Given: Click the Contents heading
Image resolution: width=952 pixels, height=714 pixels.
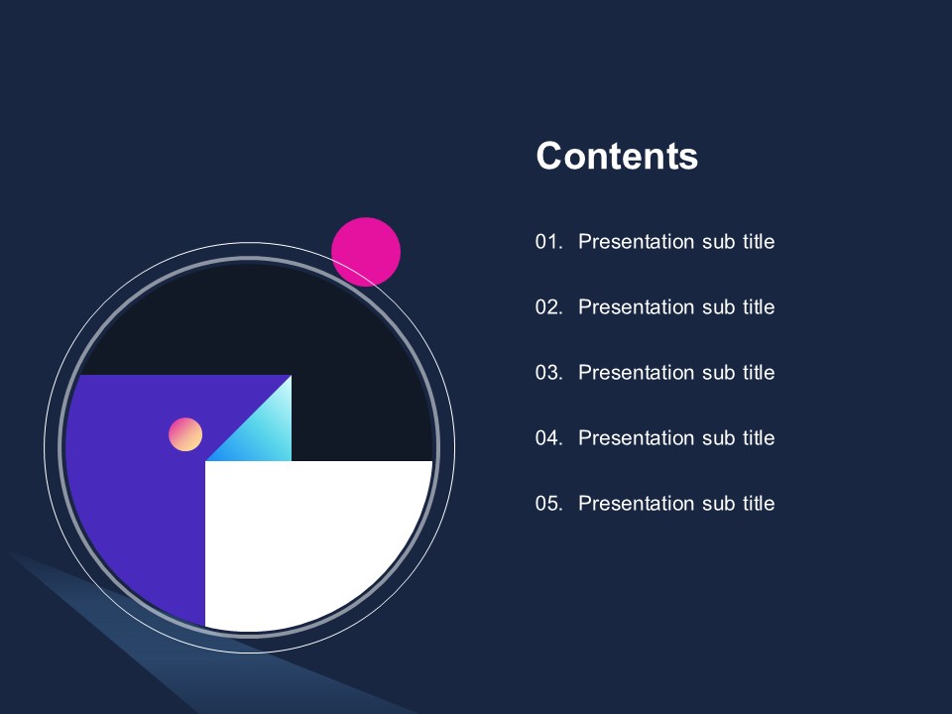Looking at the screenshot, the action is pos(617,156).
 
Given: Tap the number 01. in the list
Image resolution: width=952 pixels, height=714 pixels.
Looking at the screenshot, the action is pos(548,242).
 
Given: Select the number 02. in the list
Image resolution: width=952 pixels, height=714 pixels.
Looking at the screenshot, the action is pos(548,307).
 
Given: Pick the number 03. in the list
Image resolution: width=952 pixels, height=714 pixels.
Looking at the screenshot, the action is pos(548,373).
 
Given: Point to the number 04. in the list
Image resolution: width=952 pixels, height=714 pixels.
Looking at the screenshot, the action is pos(548,438).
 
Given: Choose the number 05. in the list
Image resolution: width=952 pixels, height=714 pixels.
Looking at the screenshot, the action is pos(548,504).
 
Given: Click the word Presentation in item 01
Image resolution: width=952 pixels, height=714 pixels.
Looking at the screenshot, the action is pos(636,242).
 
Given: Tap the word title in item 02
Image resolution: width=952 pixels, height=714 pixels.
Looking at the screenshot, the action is pos(759,307).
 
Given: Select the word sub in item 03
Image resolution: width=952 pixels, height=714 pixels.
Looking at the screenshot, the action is pos(718,373).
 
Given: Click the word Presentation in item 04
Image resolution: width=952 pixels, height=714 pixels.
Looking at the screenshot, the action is pos(636,438).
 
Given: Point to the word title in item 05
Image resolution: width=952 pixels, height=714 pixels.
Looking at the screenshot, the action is pos(759,504).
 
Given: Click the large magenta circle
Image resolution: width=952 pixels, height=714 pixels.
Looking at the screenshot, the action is pos(366,251).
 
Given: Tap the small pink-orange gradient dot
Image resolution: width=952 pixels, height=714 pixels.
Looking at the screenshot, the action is pos(185,434).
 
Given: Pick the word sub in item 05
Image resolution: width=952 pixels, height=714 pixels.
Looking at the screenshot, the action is pos(718,504).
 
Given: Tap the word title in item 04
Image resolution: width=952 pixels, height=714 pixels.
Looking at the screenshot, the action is pos(759,438).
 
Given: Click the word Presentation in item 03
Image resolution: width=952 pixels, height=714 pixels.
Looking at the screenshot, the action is pos(636,373).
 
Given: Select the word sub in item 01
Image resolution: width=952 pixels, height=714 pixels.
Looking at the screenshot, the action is pos(718,242).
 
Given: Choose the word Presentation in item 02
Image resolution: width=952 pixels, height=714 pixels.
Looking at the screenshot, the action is pos(636,307).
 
